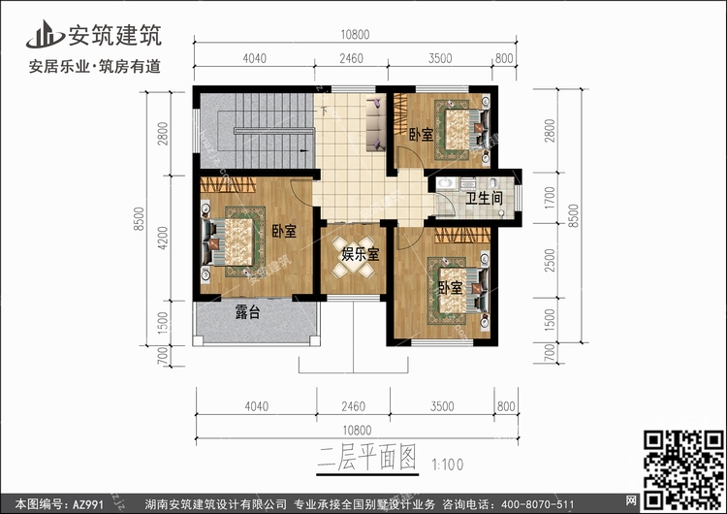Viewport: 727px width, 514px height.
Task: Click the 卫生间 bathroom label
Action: pos(484,199)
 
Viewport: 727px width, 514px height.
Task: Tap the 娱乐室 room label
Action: pos(361,254)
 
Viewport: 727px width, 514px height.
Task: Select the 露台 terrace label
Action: pos(247,312)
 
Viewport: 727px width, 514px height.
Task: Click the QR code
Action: pos(684,470)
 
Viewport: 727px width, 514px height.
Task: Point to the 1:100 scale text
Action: pos(448,465)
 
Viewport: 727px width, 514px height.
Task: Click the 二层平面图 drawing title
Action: pos(366,459)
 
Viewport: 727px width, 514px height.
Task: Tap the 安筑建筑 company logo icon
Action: pos(45,34)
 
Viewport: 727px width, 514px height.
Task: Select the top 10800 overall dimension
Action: pos(355,35)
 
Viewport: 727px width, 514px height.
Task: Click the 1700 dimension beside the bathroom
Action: pos(550,198)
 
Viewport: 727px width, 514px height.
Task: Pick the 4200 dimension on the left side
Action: pos(163,238)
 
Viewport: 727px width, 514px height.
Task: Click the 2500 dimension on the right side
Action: pos(550,260)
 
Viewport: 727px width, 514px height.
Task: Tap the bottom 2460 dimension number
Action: pos(353,406)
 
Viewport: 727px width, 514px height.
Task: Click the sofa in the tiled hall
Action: pos(376,122)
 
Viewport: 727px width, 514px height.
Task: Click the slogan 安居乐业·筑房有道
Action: pos(95,67)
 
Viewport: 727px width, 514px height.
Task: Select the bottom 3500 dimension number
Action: pos(442,406)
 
